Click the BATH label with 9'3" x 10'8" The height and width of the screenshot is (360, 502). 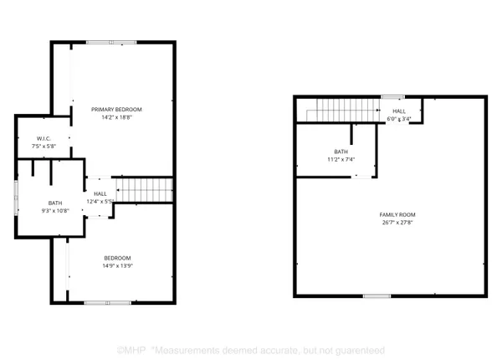point(55,203)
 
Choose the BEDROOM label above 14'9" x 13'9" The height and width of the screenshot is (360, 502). point(116,257)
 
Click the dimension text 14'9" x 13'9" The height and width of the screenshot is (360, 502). point(116,266)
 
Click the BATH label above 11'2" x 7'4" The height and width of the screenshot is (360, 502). point(331,152)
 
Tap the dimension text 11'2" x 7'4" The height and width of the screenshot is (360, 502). point(331,160)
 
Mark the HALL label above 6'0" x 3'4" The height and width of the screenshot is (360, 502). point(399,111)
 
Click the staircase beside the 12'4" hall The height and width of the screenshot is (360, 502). point(143,188)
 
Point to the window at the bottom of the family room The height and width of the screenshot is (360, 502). point(376,296)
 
